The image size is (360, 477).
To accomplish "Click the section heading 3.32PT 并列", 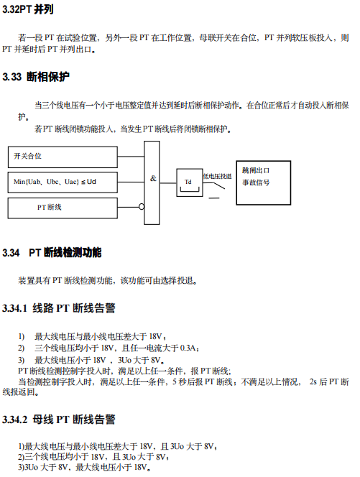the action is [x=28, y=9].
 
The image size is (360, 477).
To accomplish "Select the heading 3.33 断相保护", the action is [x=36, y=77].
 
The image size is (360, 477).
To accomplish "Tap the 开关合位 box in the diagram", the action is [x=63, y=157].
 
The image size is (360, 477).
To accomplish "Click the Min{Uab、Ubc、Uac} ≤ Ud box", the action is [x=63, y=182].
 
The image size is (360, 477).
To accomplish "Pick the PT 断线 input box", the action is [x=63, y=208].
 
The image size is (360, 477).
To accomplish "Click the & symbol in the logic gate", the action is [x=153, y=178].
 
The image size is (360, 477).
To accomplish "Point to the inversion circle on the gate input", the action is [x=142, y=207].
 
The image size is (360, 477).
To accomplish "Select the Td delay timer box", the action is [x=190, y=182].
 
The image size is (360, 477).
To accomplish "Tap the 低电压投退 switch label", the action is [x=217, y=176].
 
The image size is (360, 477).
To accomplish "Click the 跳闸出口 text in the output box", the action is [x=256, y=170].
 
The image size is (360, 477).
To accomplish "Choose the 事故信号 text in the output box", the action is [x=256, y=182].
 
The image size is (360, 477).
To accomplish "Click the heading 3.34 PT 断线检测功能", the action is [x=52, y=252].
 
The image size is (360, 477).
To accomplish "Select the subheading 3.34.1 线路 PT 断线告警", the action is [x=59, y=308].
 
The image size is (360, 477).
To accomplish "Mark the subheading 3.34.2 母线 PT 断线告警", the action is [x=59, y=420].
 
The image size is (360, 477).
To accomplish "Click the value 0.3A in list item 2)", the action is [x=188, y=348].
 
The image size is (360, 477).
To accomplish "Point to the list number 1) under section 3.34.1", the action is [x=22, y=336].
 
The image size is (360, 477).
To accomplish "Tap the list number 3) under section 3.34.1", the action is [x=22, y=360].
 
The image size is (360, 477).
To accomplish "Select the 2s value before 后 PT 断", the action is [x=313, y=381].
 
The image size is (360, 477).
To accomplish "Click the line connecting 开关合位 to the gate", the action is [x=131, y=157].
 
